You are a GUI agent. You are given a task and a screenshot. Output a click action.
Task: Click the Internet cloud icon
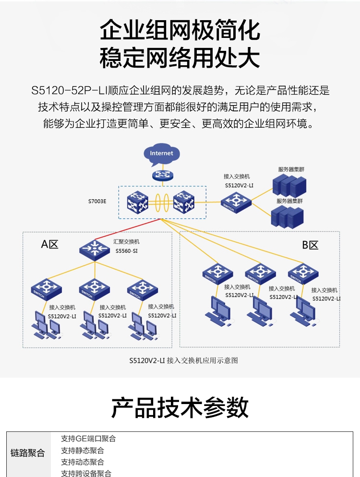pyautogui.click(x=161, y=153)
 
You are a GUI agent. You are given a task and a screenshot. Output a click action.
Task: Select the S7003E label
pyautogui.click(x=97, y=201)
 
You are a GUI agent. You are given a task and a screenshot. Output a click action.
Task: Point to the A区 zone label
pyautogui.click(x=49, y=244)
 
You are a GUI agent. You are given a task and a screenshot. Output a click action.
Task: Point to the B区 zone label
pyautogui.click(x=310, y=245)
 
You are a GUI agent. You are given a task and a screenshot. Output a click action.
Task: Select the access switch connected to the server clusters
pyautogui.click(x=236, y=202)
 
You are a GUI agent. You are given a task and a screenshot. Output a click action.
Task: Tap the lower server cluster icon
pyautogui.click(x=287, y=216)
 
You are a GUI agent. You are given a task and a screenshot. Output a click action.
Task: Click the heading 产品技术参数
pyautogui.click(x=180, y=408)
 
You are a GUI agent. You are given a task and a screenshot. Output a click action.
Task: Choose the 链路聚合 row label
pyautogui.click(x=28, y=453)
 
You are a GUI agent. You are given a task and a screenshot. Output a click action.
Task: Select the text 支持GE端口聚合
pyautogui.click(x=88, y=439)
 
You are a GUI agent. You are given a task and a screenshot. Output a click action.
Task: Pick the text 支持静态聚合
pyautogui.click(x=83, y=451)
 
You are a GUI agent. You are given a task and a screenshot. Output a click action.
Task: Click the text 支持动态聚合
pyautogui.click(x=83, y=462)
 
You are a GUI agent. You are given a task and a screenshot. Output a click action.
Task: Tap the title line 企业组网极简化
pyautogui.click(x=180, y=31)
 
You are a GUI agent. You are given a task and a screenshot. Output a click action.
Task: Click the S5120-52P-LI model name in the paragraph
pyautogui.click(x=69, y=90)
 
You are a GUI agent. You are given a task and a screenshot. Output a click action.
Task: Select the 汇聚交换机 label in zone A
pyautogui.click(x=126, y=242)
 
